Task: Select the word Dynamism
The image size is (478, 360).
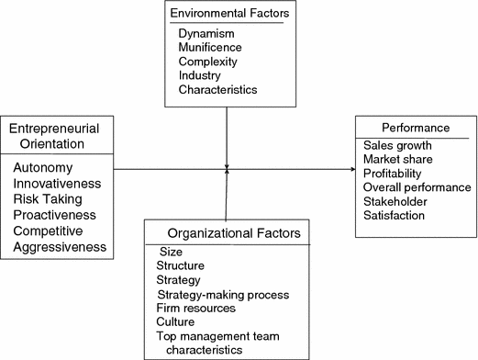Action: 206,34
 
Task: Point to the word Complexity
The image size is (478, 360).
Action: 210,62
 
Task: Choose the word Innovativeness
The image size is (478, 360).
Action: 57,184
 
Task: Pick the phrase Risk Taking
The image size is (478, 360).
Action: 48,199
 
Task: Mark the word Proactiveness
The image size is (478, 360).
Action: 55,215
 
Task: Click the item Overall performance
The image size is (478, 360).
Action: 417,186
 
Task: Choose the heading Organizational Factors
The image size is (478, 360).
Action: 226,233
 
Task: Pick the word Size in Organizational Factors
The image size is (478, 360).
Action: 172,252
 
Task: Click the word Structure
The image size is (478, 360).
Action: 181,265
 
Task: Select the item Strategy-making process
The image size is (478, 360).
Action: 223,294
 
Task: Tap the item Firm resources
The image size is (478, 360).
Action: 195,309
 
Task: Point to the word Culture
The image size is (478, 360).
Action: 176,322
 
